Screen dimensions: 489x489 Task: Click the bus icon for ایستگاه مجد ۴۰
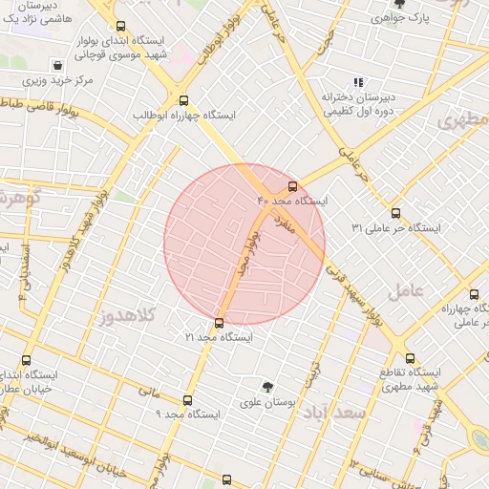click(x=292, y=186)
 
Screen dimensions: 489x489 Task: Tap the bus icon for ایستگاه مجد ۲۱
click(x=220, y=323)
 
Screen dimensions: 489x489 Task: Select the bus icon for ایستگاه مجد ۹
click(x=187, y=400)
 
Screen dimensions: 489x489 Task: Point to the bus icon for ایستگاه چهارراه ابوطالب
click(x=183, y=99)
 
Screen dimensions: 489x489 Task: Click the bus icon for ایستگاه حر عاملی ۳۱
click(x=396, y=213)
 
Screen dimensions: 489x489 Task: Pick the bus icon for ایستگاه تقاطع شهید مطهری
click(x=410, y=358)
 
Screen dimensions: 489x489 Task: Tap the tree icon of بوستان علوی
click(x=269, y=388)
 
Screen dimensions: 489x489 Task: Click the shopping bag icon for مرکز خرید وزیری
click(x=59, y=66)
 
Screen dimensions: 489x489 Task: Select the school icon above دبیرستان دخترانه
click(x=359, y=82)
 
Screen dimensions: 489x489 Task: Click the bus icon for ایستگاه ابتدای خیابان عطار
click(x=26, y=361)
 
